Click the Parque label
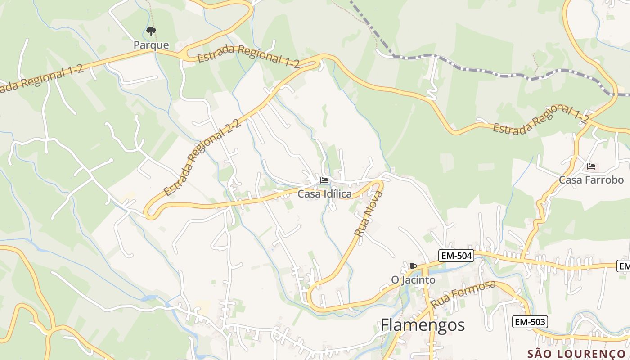(151, 45)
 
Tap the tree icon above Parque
(151, 31)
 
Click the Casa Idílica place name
(324, 194)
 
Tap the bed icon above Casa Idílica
(324, 180)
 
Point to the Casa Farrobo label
(591, 180)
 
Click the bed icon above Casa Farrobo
(591, 166)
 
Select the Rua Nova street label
(368, 214)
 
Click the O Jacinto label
(413, 280)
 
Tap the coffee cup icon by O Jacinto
(413, 266)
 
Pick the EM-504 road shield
(456, 256)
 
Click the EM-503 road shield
(530, 322)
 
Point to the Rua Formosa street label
(463, 294)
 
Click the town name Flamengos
(423, 324)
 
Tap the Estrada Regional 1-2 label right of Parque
(248, 57)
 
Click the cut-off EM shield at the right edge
(624, 266)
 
